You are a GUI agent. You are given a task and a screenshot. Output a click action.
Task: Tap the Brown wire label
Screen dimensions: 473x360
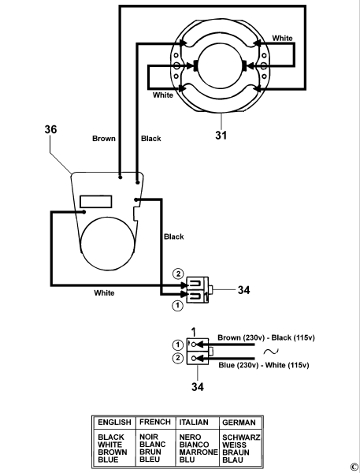click(x=104, y=139)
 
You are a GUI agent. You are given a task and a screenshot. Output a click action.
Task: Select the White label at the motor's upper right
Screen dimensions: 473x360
click(x=284, y=38)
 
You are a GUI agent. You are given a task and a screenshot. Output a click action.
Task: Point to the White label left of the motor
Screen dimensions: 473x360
click(x=163, y=95)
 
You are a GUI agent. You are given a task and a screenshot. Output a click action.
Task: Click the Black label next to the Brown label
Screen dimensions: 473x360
click(x=150, y=139)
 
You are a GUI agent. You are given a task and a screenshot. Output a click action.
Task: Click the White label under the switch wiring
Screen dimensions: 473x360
click(x=104, y=292)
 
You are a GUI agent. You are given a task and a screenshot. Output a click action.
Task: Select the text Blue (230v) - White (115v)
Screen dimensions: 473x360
click(x=262, y=365)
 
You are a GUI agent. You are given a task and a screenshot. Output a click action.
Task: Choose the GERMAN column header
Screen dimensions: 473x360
click(x=240, y=422)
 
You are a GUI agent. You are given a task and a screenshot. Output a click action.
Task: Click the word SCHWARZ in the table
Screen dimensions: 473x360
click(x=241, y=437)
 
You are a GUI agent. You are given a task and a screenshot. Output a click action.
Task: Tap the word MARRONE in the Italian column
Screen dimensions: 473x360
click(x=197, y=452)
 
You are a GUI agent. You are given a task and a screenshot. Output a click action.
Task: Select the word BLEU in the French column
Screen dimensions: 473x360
click(x=150, y=460)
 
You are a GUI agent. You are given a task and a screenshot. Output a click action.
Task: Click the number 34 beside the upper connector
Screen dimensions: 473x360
click(x=243, y=289)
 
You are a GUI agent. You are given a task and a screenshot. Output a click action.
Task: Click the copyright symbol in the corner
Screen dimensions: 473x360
click(x=354, y=467)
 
